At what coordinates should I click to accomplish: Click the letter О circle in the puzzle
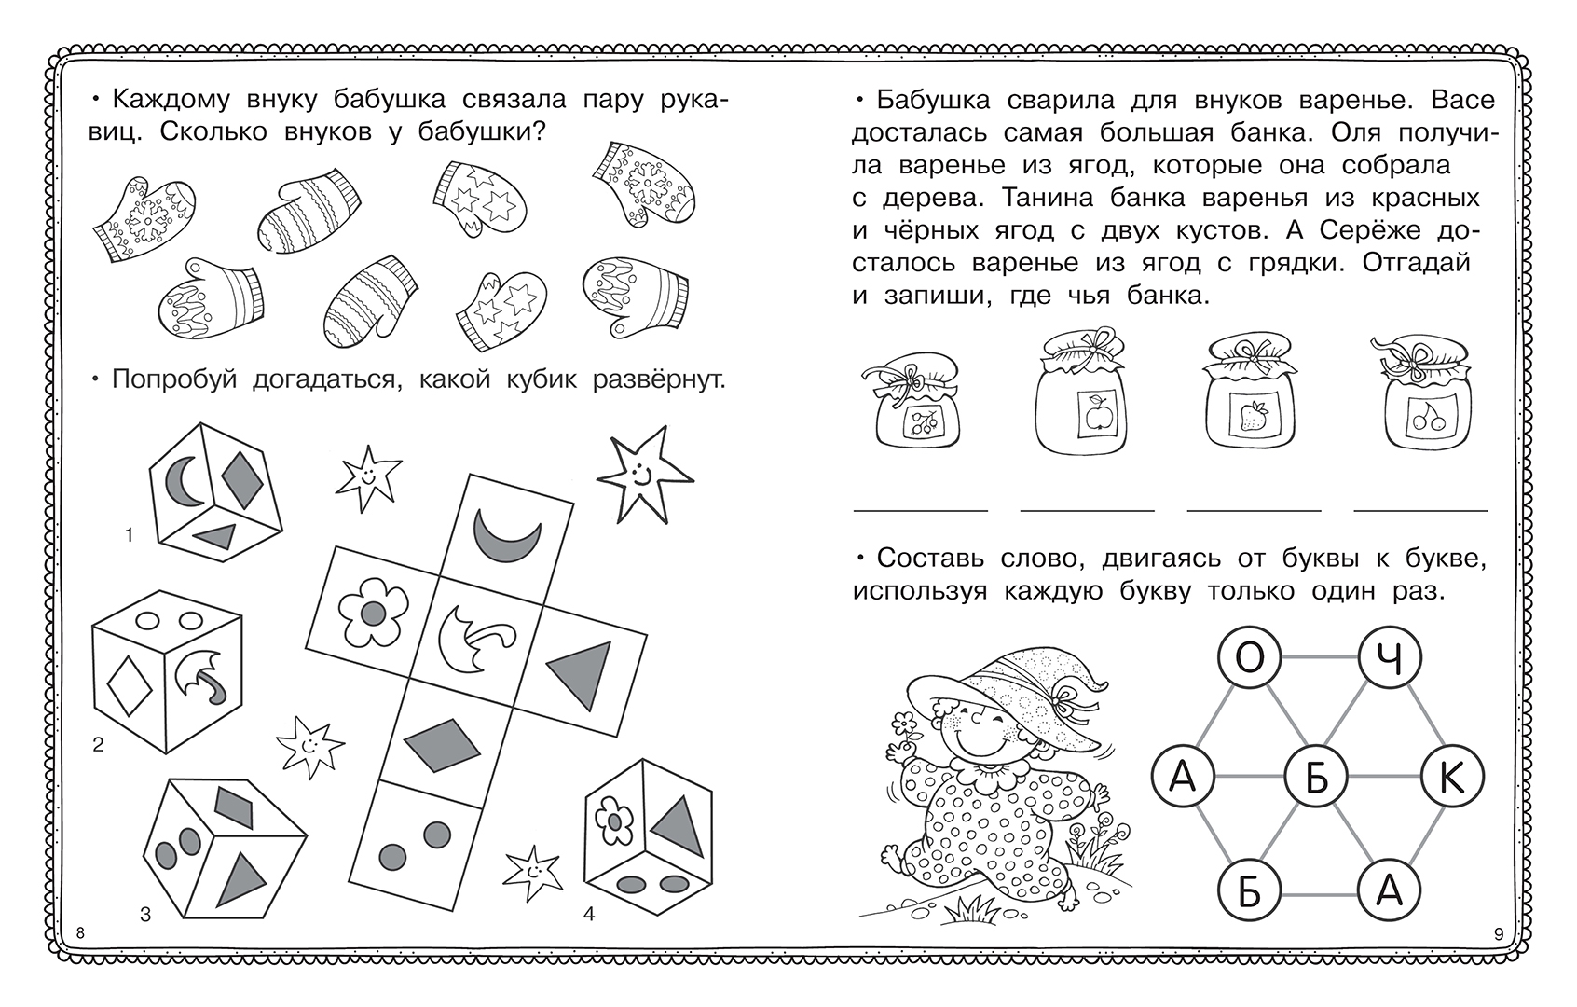pyautogui.click(x=1250, y=657)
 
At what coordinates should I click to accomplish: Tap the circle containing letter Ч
pyautogui.click(x=1389, y=657)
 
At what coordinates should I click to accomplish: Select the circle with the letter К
pyautogui.click(x=1452, y=777)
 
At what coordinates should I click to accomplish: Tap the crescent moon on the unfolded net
pyautogui.click(x=507, y=536)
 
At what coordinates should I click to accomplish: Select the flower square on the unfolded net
pyautogui.click(x=373, y=612)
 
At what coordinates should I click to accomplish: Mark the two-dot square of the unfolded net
pyautogui.click(x=416, y=845)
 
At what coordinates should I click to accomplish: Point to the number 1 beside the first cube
pyautogui.click(x=129, y=536)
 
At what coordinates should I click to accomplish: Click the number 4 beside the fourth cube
pyautogui.click(x=589, y=914)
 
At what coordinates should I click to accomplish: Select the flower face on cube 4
pyautogui.click(x=614, y=821)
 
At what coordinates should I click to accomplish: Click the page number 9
pyautogui.click(x=1498, y=934)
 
